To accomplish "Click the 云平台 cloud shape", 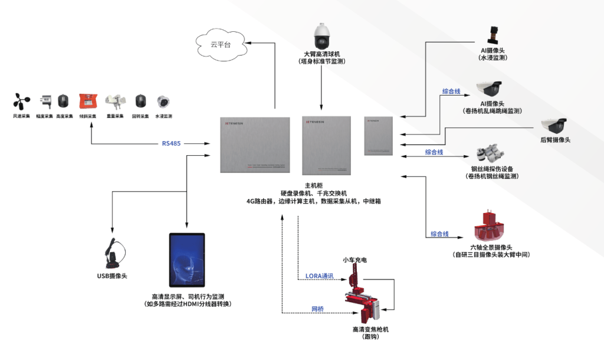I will point(222,45).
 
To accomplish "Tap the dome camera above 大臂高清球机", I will point(321,36).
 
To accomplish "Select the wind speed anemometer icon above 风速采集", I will point(21,101).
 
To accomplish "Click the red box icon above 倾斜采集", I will point(88,101).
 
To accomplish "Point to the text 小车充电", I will point(355,259).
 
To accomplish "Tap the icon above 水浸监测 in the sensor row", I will point(163,101).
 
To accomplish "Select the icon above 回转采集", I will point(140,101).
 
